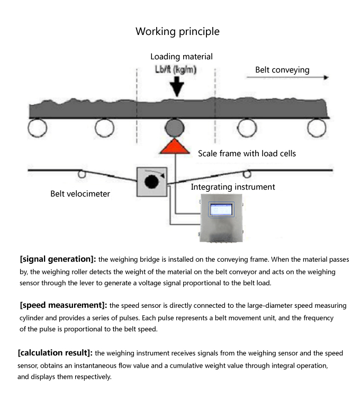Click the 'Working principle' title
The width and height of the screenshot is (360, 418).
tap(177, 31)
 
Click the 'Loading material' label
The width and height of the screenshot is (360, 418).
tap(182, 57)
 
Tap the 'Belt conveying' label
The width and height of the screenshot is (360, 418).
tap(282, 70)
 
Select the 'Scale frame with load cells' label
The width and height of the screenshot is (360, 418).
tap(247, 154)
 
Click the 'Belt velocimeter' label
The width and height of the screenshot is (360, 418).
tap(80, 194)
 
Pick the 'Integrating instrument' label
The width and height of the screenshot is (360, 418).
tap(233, 187)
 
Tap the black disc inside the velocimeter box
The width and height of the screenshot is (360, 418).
tap(152, 182)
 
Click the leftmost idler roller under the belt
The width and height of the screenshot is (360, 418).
tap(38, 127)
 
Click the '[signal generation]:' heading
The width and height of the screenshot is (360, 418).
tap(58, 259)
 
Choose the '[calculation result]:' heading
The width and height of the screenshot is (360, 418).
tap(55, 352)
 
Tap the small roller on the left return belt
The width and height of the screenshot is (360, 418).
tap(82, 173)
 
